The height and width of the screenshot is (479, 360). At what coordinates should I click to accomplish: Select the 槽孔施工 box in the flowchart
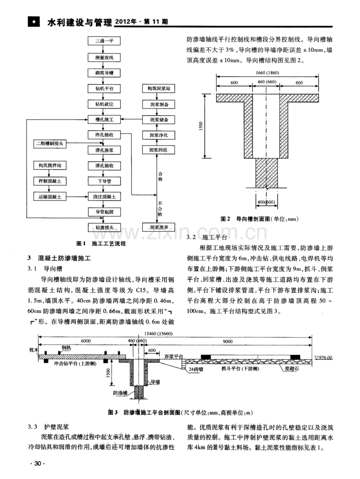pyautogui.click(x=104, y=120)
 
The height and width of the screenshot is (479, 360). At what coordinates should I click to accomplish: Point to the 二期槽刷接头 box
pyautogui.click(x=53, y=144)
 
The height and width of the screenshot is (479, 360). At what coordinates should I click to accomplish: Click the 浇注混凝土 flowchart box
pyautogui.click(x=104, y=197)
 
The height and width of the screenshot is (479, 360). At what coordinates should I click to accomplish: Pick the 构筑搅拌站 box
pyautogui.click(x=53, y=166)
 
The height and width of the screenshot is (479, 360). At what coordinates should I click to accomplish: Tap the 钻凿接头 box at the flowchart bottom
pyautogui.click(x=104, y=228)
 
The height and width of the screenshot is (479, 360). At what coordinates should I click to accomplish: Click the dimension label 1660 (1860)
pyautogui.click(x=265, y=73)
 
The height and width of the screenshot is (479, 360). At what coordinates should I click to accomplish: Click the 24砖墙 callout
pyautogui.click(x=197, y=369)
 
